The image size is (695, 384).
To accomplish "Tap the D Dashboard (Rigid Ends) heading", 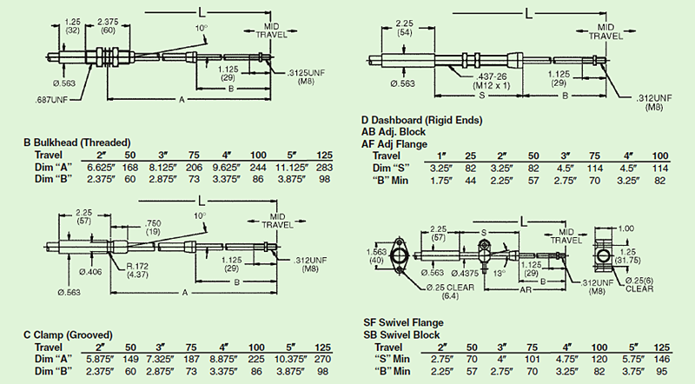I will (421, 119).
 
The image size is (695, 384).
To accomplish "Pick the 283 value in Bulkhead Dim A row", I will (324, 167).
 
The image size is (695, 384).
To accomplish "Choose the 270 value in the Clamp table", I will (324, 359).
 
